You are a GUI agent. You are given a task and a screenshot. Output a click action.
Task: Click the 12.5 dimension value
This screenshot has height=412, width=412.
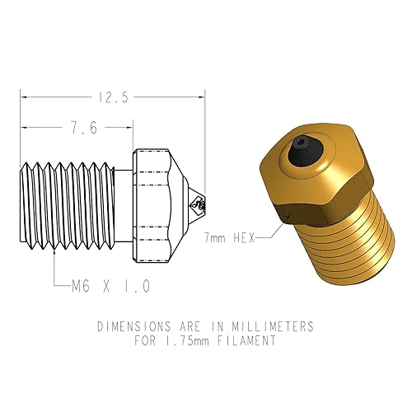coord(112,97)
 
